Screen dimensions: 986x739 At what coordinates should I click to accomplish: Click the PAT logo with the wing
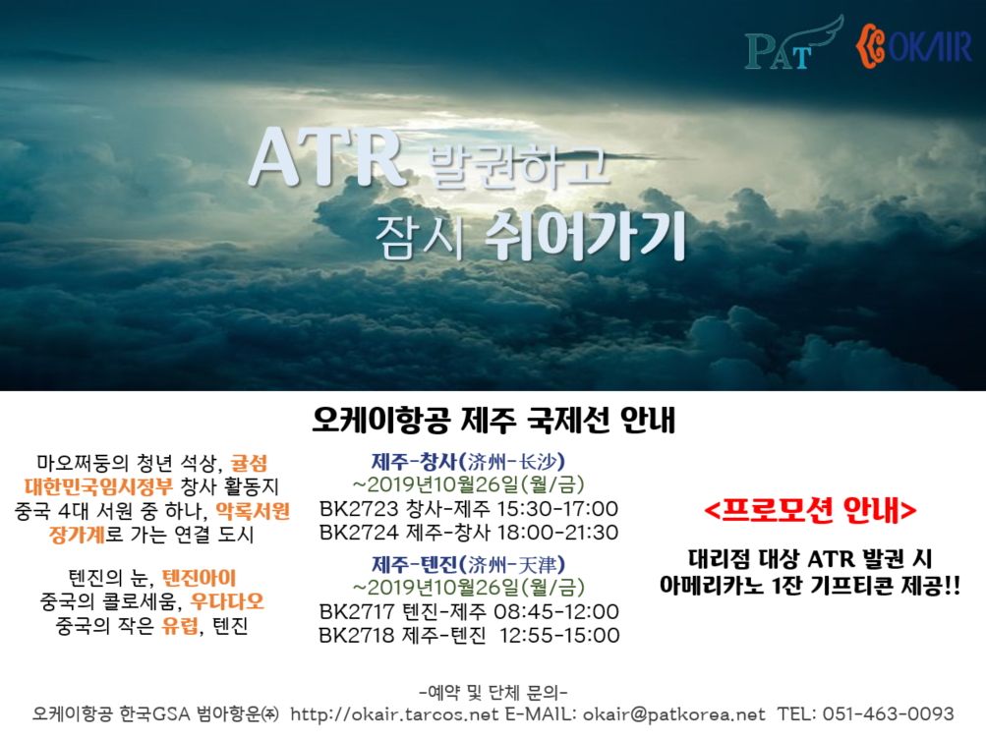793,43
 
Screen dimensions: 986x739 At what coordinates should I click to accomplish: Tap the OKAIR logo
913,44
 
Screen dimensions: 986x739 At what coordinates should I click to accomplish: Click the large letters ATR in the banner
326,158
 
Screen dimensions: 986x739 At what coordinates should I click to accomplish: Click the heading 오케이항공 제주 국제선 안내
493,420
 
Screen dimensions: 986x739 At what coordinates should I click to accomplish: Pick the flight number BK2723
359,508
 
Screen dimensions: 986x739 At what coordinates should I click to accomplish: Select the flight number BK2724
359,533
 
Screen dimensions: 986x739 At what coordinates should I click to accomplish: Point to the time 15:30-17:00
557,508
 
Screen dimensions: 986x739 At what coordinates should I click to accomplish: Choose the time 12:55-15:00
559,635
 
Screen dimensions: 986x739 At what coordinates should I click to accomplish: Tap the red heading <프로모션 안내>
810,510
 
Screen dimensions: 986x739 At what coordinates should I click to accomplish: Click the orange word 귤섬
249,464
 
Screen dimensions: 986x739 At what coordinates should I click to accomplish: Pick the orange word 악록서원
253,511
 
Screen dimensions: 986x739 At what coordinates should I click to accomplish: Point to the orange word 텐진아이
200,578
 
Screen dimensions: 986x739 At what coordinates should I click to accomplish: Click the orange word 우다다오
227,601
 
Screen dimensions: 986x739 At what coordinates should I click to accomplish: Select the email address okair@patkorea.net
674,714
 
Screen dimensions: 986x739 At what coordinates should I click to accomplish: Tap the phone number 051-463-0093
889,714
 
